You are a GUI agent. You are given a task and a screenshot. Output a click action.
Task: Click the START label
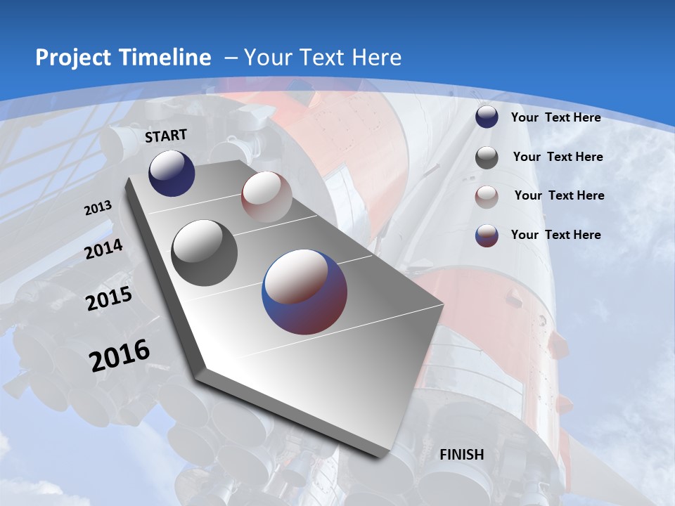point(166,136)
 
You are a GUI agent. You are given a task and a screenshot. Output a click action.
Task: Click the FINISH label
point(462,455)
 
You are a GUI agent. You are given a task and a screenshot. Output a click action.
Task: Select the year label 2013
point(98,209)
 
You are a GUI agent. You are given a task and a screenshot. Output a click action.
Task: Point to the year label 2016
point(120,356)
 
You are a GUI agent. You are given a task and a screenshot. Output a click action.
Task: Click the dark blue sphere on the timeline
point(172,173)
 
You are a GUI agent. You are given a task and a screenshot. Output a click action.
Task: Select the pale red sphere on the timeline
point(266,197)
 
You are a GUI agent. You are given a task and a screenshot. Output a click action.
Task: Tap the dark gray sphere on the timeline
point(205,253)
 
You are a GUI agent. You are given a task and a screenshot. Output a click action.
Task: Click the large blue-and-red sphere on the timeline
point(304,292)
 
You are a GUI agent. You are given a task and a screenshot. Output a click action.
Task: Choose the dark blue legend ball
point(487,117)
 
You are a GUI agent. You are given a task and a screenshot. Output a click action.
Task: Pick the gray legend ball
point(487,157)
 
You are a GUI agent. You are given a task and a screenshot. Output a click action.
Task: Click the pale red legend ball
point(487,197)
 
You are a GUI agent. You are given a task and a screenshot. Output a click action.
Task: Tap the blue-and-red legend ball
point(487,235)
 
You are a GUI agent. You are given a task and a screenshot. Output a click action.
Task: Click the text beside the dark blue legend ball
point(555,117)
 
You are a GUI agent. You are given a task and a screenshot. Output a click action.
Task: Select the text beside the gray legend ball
point(558,157)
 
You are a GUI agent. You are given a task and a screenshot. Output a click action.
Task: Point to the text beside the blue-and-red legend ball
point(555,235)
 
